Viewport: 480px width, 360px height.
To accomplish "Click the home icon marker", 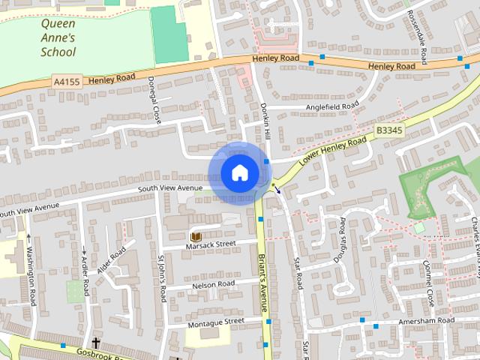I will [x=239, y=172].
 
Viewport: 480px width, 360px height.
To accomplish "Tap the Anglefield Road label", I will [x=332, y=107].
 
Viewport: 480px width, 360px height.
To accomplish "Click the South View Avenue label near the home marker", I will [x=171, y=187].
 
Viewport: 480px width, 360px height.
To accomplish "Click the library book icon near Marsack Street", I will [x=196, y=236].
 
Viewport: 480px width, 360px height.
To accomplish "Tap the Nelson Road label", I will [x=214, y=284].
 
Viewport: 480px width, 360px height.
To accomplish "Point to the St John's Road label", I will [x=161, y=277].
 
